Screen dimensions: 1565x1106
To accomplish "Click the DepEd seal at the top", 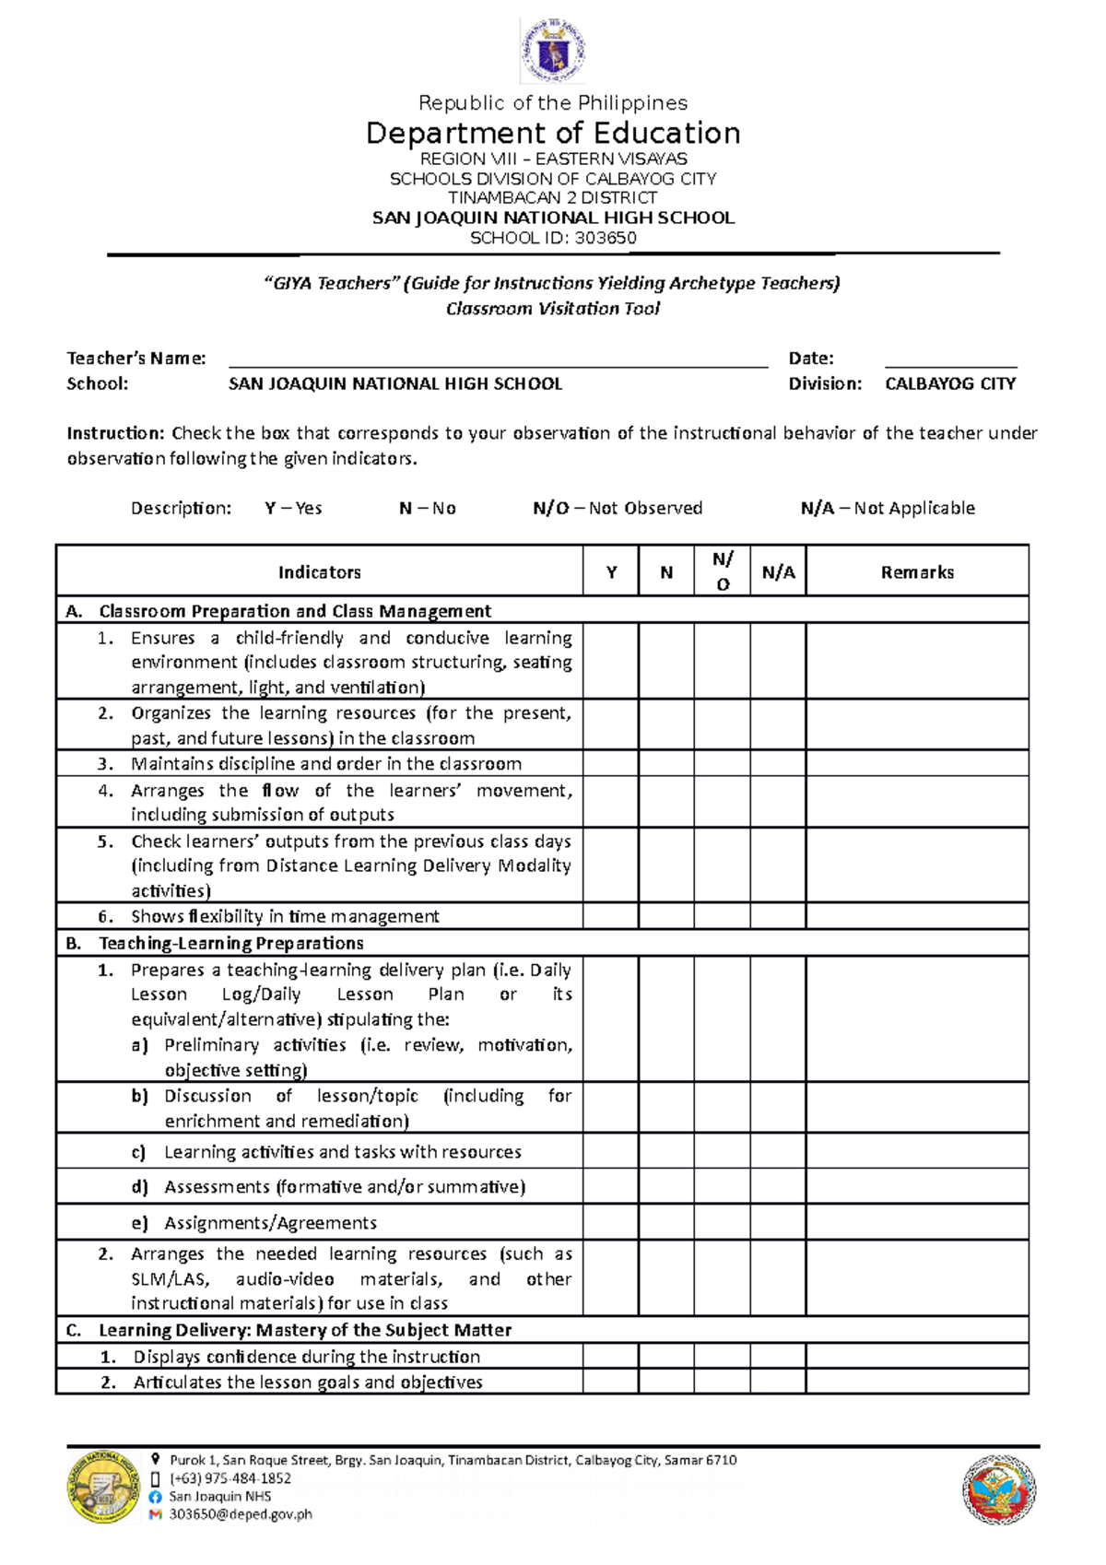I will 552,51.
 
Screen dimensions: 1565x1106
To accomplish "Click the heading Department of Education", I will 553,134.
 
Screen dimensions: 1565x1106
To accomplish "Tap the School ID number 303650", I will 605,238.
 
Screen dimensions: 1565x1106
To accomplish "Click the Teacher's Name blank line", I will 498,359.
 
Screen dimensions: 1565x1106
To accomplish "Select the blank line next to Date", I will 950,359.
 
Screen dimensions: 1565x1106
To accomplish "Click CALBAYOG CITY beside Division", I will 950,383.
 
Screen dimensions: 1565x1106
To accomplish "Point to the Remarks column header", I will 917,572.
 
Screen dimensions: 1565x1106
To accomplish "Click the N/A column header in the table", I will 778,572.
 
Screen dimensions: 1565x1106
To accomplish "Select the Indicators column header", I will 319,572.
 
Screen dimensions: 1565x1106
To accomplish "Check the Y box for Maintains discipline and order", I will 610,763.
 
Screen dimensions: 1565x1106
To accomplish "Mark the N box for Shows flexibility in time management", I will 666,916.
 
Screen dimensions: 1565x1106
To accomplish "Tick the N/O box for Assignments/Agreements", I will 722,1222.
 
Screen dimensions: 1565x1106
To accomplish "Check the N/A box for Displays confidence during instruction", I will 778,1356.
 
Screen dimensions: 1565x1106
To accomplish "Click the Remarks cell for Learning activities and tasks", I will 917,1151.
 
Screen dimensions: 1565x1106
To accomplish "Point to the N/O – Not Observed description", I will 618,508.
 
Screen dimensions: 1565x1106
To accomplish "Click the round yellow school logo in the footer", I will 102,1486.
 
